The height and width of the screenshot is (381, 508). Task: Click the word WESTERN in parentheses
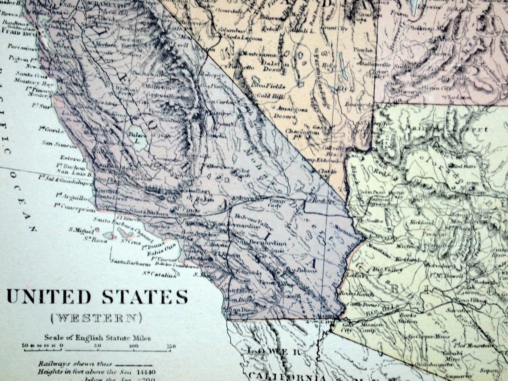click(x=96, y=318)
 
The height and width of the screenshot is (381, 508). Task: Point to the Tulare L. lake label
click(x=134, y=137)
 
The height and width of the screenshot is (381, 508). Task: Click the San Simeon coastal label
click(x=59, y=143)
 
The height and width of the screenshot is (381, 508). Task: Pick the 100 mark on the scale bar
click(x=133, y=346)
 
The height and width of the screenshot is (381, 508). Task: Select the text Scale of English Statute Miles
click(x=97, y=338)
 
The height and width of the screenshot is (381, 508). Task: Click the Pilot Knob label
click(x=242, y=173)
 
